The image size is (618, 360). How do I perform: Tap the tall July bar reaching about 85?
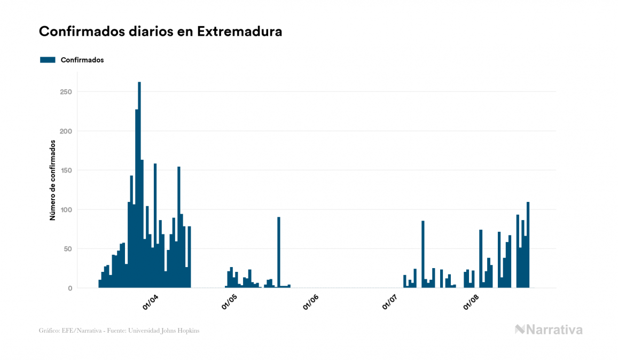pyautogui.click(x=423, y=254)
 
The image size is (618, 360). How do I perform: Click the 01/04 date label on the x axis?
pyautogui.click(x=150, y=302)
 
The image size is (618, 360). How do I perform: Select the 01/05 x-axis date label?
pyautogui.click(x=230, y=302)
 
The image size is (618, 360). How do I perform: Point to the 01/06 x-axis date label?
pyautogui.click(x=310, y=302)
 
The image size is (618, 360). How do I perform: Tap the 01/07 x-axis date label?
pyautogui.click(x=390, y=302)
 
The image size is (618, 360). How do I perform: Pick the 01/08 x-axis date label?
pyautogui.click(x=471, y=302)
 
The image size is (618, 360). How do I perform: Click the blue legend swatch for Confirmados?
pyautogui.click(x=48, y=60)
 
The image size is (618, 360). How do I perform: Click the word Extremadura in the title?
pyautogui.click(x=239, y=32)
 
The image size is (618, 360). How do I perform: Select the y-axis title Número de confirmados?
pyautogui.click(x=53, y=180)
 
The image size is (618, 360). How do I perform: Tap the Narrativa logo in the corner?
pyautogui.click(x=549, y=330)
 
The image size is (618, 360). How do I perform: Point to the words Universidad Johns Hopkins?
pyautogui.click(x=171, y=331)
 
